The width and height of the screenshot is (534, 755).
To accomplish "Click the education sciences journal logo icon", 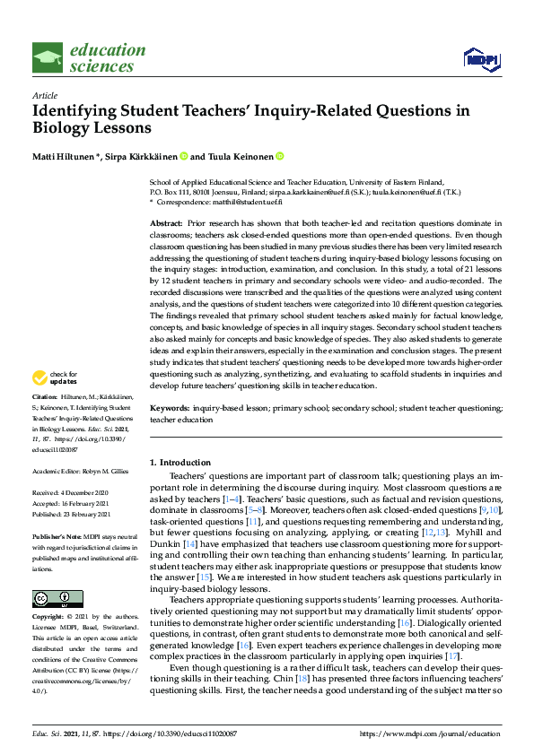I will pyautogui.click(x=48, y=58).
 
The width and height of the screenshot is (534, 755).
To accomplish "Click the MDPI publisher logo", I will pyautogui.click(x=480, y=59).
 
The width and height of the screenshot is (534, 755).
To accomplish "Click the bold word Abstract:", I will pyautogui.click(x=166, y=221).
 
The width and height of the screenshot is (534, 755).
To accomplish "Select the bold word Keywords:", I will pyautogui.click(x=169, y=408).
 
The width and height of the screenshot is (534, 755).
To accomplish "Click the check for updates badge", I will pyautogui.click(x=55, y=379).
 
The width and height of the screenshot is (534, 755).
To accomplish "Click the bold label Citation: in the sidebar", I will pyautogui.click(x=44, y=395).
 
